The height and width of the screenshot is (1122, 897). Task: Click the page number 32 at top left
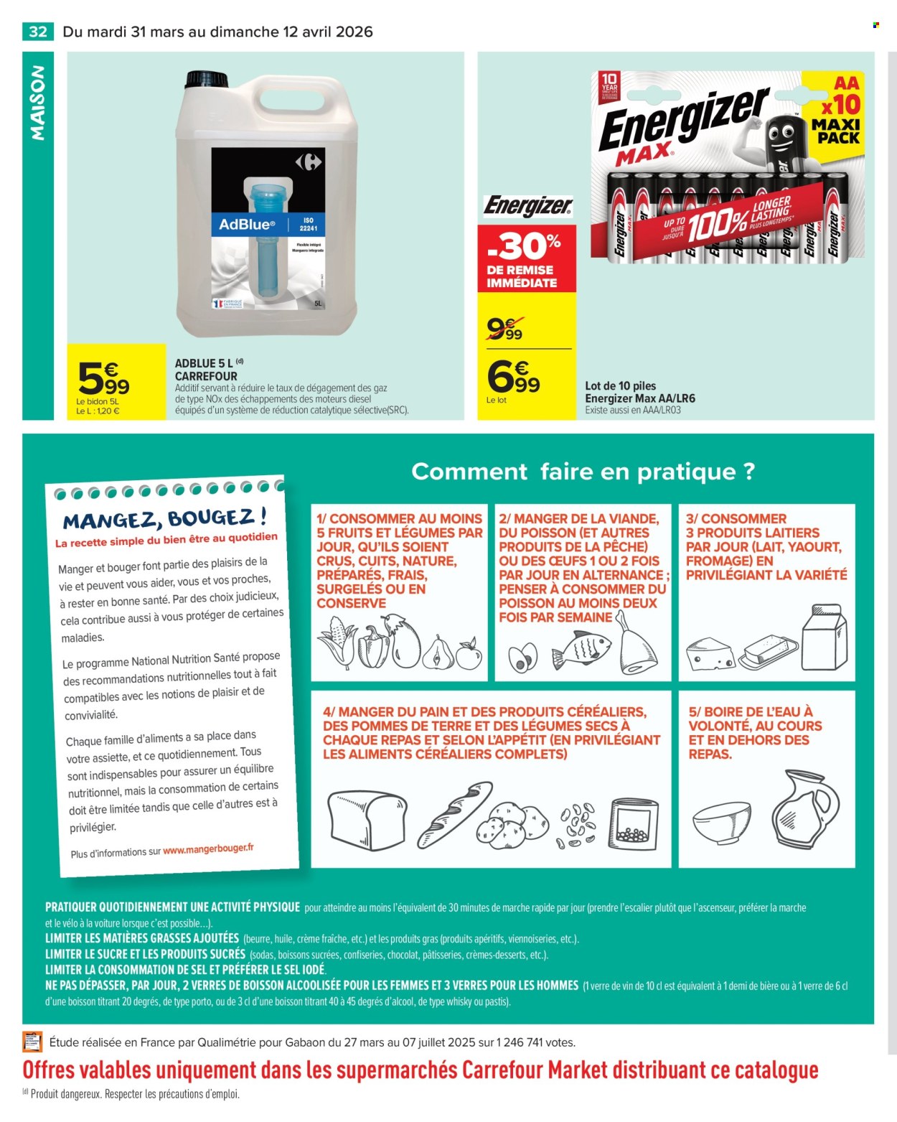point(38,32)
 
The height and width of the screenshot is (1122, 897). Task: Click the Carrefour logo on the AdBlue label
point(309,162)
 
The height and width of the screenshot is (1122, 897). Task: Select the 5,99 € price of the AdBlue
point(103,379)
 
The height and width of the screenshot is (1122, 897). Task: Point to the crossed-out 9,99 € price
point(505,329)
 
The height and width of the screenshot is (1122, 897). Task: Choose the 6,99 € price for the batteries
point(513,376)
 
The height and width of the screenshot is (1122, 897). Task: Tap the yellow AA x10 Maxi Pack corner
point(837,108)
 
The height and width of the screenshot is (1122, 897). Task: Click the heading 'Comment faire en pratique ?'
point(583,472)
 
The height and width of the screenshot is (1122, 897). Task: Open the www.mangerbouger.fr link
point(208,848)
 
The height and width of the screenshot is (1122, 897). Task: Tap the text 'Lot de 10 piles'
point(620,385)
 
